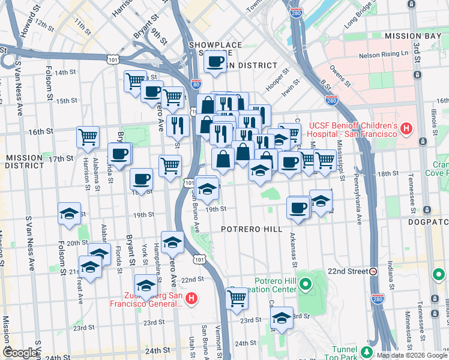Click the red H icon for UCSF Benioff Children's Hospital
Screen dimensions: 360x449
pyautogui.click(x=406, y=128)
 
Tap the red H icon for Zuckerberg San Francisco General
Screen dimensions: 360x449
pyautogui.click(x=191, y=298)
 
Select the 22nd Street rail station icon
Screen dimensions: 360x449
pyautogui.click(x=373, y=271)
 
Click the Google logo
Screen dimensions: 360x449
pyautogui.click(x=20, y=353)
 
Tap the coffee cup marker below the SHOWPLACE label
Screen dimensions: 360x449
pyautogui.click(x=215, y=61)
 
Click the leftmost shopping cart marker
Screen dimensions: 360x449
pyautogui.click(x=88, y=137)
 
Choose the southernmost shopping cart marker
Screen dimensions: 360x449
pyautogui.click(x=237, y=298)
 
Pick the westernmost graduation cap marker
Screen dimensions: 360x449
pyautogui.click(x=69, y=213)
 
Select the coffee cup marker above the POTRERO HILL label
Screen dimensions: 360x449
pyautogui.click(x=298, y=208)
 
